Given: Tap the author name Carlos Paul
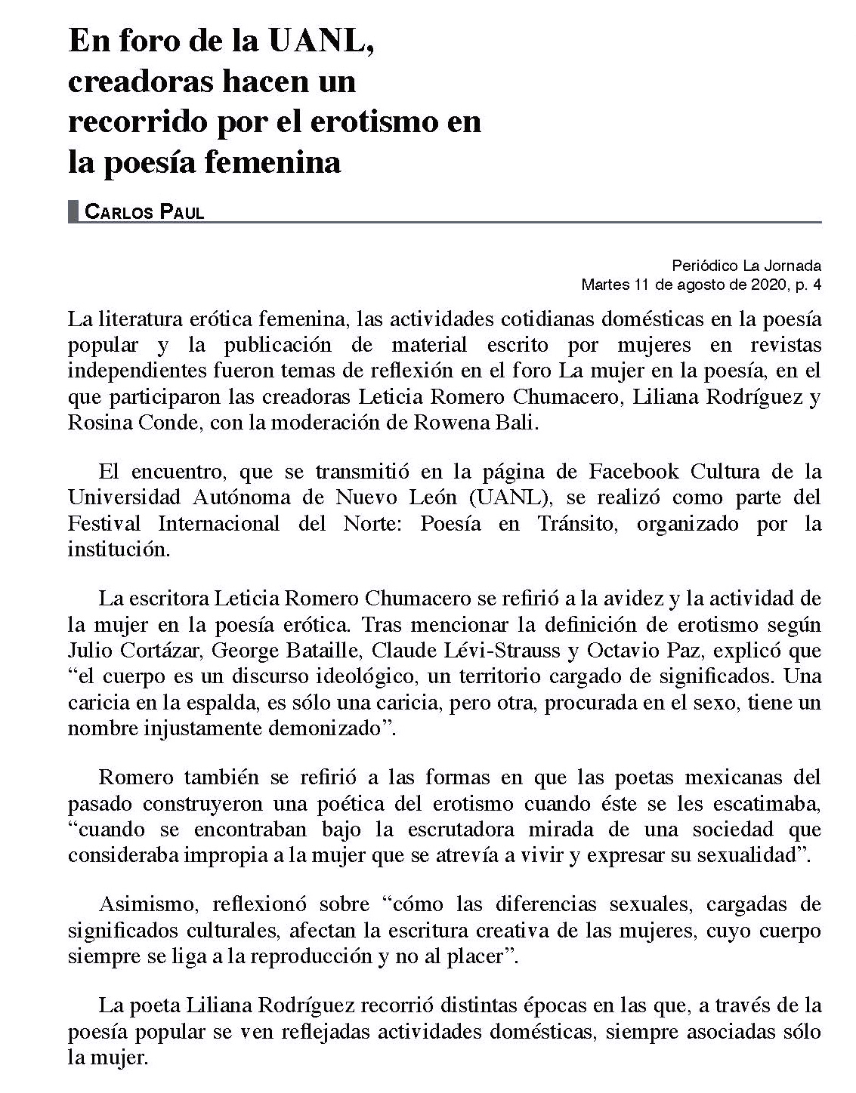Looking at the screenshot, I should pyautogui.click(x=144, y=212).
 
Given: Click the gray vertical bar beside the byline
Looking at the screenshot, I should pyautogui.click(x=73, y=211).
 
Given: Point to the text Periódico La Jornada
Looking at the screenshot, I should pyautogui.click(x=746, y=266).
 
